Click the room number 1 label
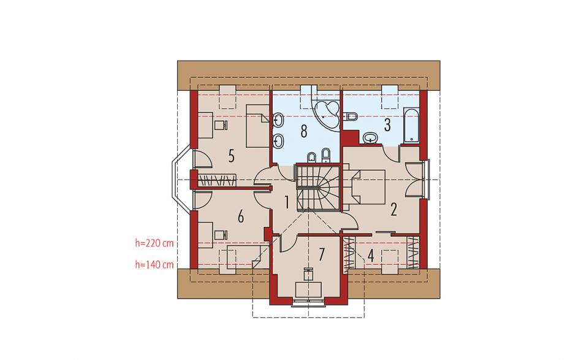(287, 203)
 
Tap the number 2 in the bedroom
(394, 210)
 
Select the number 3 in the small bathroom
(387, 125)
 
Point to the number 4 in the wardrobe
(371, 256)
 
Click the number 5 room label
(231, 156)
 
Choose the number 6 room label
(241, 216)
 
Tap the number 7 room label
(322, 255)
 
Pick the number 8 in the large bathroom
(304, 131)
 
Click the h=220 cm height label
(154, 243)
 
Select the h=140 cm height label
(154, 265)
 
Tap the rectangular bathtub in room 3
(411, 125)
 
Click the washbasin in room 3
(370, 138)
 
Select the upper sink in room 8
(278, 120)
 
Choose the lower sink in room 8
(278, 140)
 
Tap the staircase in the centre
(318, 188)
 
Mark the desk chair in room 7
(308, 274)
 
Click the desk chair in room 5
(219, 125)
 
